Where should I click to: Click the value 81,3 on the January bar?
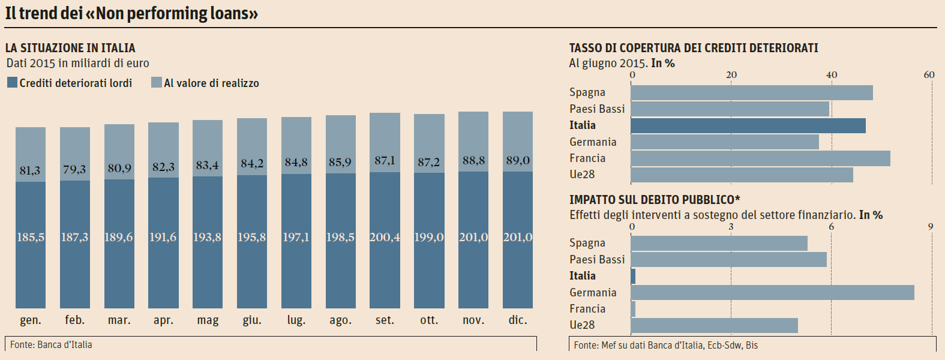[x=30, y=171]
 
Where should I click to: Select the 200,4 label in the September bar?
[x=385, y=238]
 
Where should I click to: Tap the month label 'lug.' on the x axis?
[x=296, y=320]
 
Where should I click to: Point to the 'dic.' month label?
[x=518, y=320]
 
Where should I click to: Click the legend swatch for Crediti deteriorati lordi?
[x=12, y=83]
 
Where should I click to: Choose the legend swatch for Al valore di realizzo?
[x=157, y=83]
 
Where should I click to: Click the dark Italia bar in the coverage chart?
[x=748, y=125]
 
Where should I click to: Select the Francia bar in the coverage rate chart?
[x=760, y=158]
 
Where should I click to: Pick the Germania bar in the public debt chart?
[x=772, y=293]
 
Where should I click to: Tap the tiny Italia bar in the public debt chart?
[x=633, y=277]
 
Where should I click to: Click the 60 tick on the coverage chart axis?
[x=929, y=75]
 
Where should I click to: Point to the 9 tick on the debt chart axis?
[x=931, y=227]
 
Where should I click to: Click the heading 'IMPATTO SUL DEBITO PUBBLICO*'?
[x=655, y=200]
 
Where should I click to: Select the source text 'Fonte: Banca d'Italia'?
[x=51, y=345]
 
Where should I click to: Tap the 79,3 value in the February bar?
[x=74, y=170]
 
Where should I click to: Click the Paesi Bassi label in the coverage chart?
[x=597, y=109]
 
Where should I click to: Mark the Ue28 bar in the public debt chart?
[x=714, y=326]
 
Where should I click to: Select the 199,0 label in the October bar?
[x=429, y=238]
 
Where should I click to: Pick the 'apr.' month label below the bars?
[x=163, y=320]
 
